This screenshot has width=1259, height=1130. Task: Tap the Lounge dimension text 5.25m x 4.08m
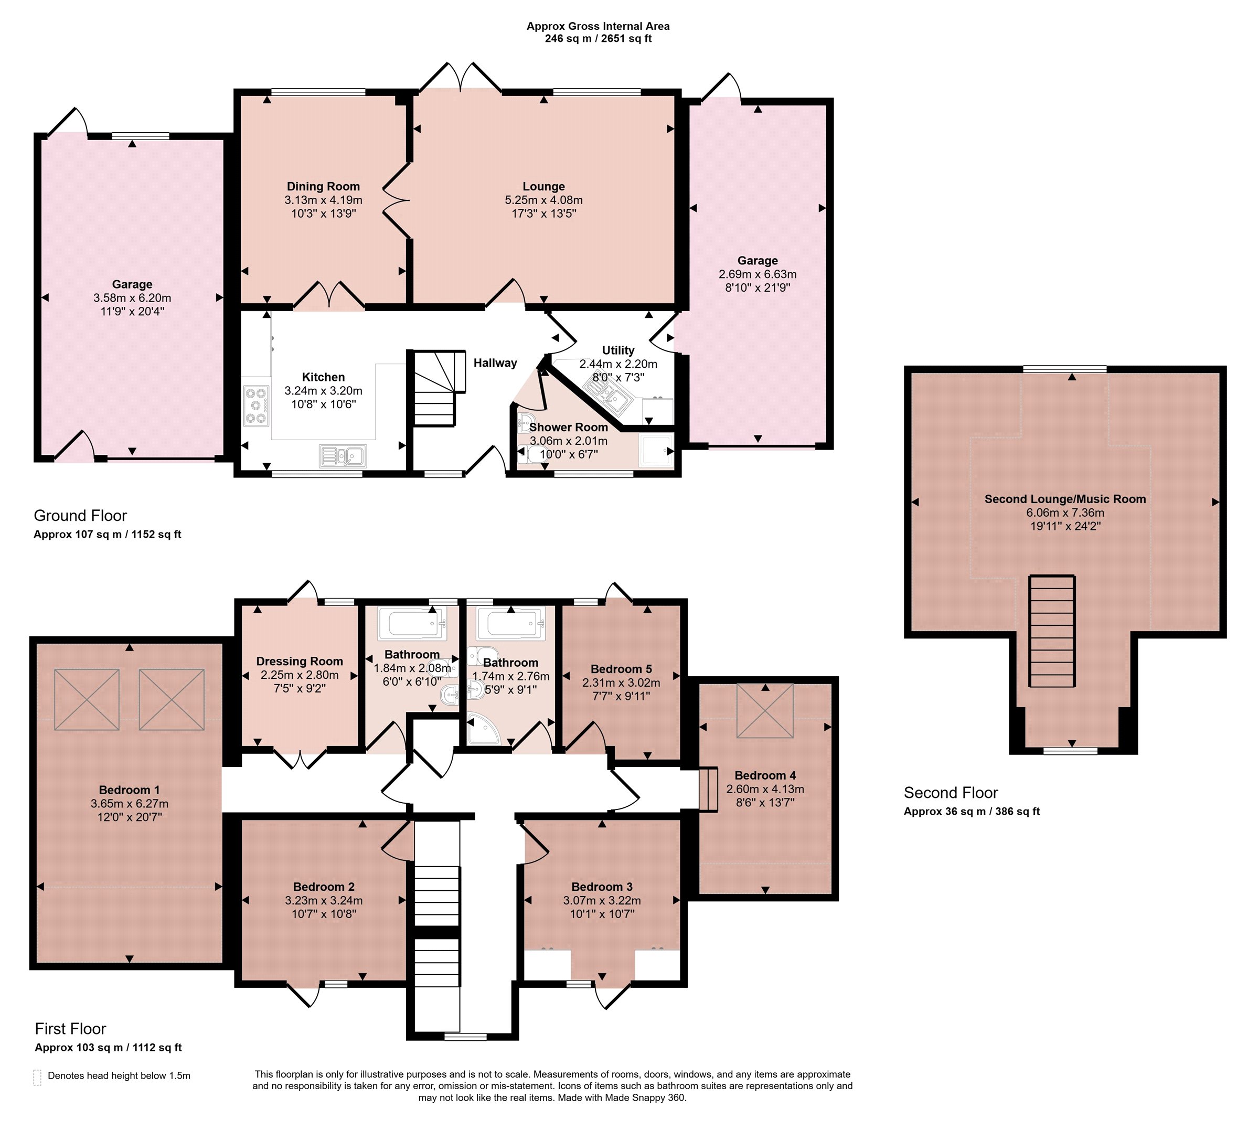pyautogui.click(x=544, y=200)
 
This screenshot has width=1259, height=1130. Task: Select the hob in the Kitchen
pyautogui.click(x=256, y=406)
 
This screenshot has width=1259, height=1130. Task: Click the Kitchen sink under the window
pyautogui.click(x=343, y=456)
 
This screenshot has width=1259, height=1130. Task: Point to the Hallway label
pyautogui.click(x=495, y=363)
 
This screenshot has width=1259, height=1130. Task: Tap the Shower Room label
pyautogui.click(x=568, y=427)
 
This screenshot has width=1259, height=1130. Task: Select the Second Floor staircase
pyautogui.click(x=1052, y=631)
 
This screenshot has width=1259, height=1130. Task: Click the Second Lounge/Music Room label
pyautogui.click(x=1065, y=499)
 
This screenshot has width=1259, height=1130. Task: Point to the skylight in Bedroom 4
pyautogui.click(x=765, y=710)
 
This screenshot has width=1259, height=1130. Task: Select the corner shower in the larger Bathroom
pyautogui.click(x=483, y=728)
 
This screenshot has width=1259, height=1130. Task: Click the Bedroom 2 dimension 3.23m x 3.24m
pyautogui.click(x=324, y=900)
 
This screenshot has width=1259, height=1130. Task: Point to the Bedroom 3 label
pyautogui.click(x=602, y=887)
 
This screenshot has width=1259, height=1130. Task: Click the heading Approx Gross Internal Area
pyautogui.click(x=598, y=26)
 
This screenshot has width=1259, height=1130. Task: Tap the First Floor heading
pyautogui.click(x=70, y=1029)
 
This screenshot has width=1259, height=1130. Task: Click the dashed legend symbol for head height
pyautogui.click(x=37, y=1077)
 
